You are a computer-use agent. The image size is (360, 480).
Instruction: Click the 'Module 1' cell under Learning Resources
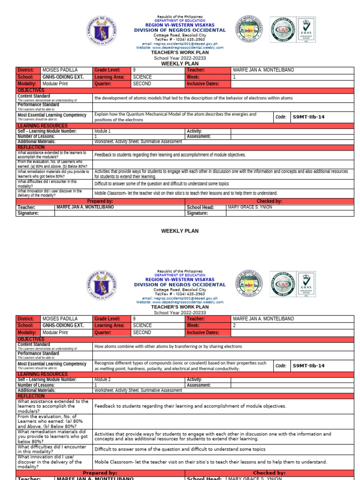103,131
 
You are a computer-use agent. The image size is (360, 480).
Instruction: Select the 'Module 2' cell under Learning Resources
103,380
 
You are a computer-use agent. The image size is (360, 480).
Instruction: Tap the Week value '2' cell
234,325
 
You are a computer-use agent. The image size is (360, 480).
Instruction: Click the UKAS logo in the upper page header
307,30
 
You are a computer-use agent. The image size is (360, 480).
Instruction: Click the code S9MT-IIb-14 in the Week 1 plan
308,117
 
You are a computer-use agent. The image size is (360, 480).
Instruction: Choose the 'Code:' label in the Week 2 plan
281,366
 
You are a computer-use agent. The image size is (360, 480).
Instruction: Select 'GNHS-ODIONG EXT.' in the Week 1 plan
63,77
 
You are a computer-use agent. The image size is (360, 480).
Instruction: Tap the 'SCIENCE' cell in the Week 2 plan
142,325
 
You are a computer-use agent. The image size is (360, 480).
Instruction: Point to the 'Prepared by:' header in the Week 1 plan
100,201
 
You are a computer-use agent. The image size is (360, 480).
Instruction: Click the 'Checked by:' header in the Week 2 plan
269,473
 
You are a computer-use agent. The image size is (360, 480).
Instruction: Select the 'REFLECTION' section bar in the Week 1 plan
31,147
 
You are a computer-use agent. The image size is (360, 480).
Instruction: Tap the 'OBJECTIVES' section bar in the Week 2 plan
31,339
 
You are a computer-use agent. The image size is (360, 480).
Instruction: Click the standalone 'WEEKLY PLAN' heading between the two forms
180,231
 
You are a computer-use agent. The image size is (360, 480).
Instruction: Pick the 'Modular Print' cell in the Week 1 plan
55,84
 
